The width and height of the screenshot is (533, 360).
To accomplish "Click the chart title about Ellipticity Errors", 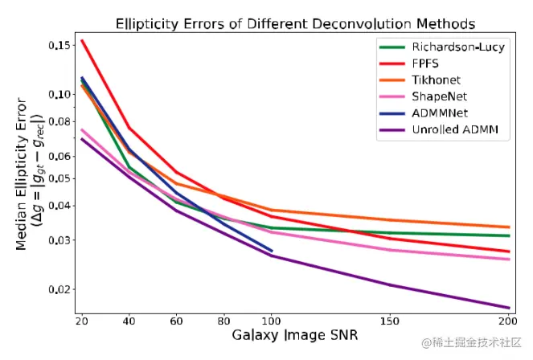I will click(295, 23).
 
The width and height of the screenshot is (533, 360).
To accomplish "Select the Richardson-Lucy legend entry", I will click(457, 47).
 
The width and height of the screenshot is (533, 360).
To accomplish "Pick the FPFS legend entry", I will click(426, 63).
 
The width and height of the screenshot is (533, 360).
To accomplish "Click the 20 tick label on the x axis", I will click(81, 321).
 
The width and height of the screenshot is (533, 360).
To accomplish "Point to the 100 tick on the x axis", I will click(272, 321).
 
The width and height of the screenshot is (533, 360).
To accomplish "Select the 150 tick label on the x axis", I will click(391, 321).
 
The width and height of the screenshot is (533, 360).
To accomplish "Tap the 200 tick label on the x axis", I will click(508, 321).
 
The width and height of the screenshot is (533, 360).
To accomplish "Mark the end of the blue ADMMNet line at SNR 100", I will click(272, 251).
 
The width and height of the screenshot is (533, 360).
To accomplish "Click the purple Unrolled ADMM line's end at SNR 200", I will click(509, 308).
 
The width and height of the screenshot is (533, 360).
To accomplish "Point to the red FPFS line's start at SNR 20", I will click(82, 41).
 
